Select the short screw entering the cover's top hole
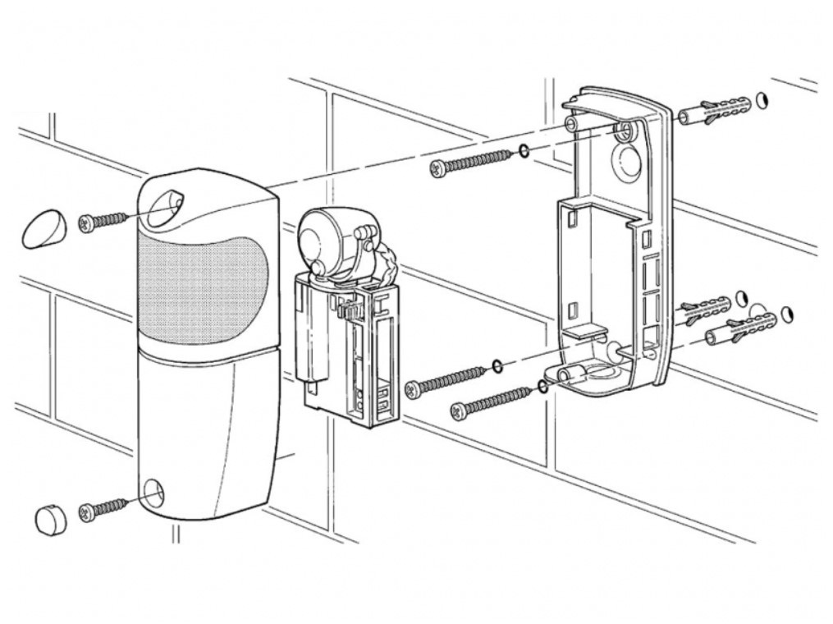pyautogui.click(x=103, y=221)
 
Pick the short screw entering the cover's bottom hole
pyautogui.click(x=103, y=508)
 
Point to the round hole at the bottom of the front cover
pyautogui.click(x=152, y=493)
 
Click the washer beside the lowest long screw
pyautogui.click(x=542, y=386)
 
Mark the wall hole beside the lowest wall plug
pyautogui.click(x=788, y=314)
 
